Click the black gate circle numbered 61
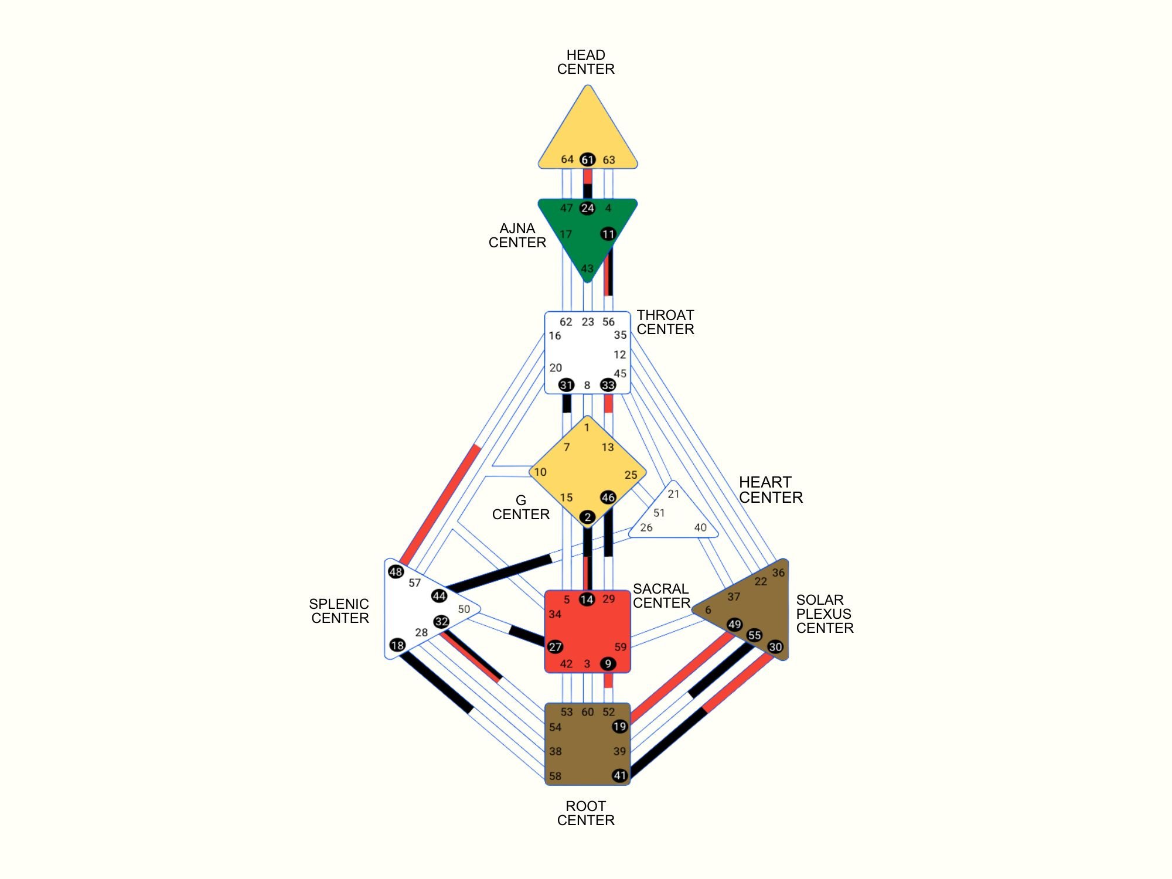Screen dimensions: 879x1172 pyautogui.click(x=587, y=159)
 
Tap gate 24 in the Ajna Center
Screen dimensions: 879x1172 pyautogui.click(x=587, y=208)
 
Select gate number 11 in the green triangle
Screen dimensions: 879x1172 pyautogui.click(x=608, y=234)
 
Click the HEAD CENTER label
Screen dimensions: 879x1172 pyautogui.click(x=586, y=62)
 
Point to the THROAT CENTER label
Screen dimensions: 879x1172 pyautogui.click(x=665, y=322)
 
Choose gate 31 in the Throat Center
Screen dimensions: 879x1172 pyautogui.click(x=566, y=385)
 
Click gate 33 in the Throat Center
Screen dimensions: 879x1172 pyautogui.click(x=608, y=385)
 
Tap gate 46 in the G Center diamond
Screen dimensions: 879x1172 pyautogui.click(x=608, y=498)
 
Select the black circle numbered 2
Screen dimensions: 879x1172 pyautogui.click(x=587, y=517)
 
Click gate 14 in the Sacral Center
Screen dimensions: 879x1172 pyautogui.click(x=587, y=599)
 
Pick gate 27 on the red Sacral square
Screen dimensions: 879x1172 pyautogui.click(x=555, y=647)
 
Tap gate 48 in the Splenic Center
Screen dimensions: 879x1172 pyautogui.click(x=396, y=572)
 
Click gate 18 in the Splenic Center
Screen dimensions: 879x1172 pyautogui.click(x=397, y=645)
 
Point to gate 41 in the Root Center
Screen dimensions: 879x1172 pyautogui.click(x=619, y=776)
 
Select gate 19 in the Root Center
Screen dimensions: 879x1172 pyautogui.click(x=619, y=727)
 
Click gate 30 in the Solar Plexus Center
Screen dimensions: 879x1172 pyautogui.click(x=775, y=647)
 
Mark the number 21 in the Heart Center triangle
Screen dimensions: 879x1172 pyautogui.click(x=674, y=494)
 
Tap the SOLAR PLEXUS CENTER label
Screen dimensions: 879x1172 pyautogui.click(x=825, y=614)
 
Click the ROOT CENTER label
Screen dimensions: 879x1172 pyautogui.click(x=586, y=813)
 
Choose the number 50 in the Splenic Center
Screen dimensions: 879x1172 pyautogui.click(x=464, y=609)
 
